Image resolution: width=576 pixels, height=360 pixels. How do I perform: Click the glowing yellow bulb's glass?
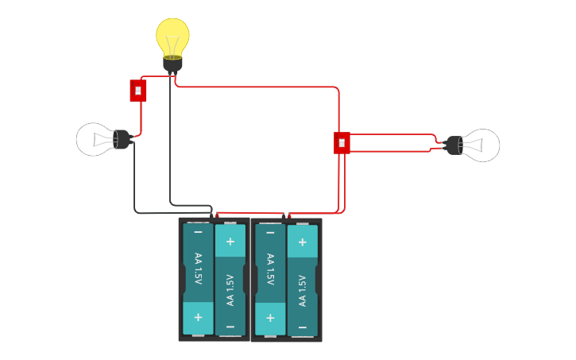(172, 35)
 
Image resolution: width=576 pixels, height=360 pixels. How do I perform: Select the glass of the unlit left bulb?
(93, 139)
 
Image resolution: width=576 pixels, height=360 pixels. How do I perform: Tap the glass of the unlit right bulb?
(482, 145)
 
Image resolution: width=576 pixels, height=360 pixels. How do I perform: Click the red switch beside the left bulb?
(138, 90)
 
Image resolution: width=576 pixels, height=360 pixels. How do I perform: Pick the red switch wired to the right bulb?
(342, 142)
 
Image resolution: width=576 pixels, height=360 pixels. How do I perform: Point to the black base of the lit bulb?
(172, 64)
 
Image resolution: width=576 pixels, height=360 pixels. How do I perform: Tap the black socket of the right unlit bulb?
(454, 145)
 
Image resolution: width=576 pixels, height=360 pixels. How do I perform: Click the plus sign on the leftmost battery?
(198, 317)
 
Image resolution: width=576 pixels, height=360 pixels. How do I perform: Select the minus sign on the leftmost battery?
(198, 233)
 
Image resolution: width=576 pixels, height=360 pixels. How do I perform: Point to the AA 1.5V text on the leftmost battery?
(198, 269)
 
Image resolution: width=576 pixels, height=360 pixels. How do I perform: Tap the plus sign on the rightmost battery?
(302, 241)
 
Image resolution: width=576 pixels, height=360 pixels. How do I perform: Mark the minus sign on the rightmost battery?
(302, 326)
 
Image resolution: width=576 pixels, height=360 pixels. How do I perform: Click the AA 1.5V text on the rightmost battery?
(302, 291)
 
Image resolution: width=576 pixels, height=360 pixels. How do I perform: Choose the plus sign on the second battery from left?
(230, 241)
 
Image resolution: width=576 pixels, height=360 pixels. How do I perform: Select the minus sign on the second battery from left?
(230, 326)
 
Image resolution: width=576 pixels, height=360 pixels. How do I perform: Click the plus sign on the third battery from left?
(270, 317)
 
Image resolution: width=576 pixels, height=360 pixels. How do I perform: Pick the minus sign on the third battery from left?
(270, 233)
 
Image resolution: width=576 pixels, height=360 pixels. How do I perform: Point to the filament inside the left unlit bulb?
(102, 139)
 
